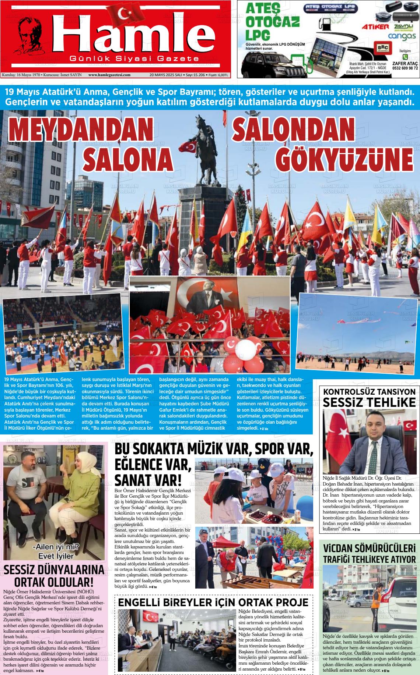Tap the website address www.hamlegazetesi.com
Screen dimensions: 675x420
point(109,75)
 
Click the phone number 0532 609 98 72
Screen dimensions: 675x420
point(405,68)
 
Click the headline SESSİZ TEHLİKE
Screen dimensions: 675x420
point(369,402)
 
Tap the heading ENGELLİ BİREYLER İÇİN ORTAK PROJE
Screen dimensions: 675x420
point(213,602)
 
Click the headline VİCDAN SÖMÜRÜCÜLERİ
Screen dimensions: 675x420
point(369,549)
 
